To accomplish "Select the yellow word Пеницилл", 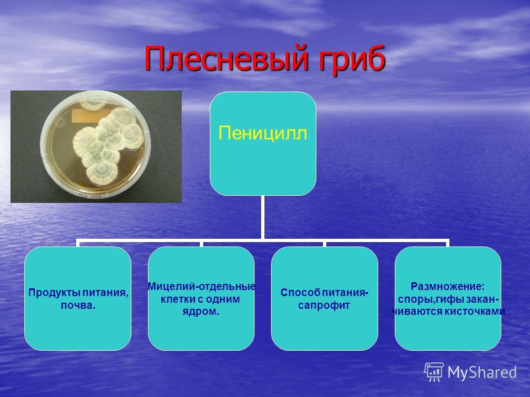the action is [263, 133].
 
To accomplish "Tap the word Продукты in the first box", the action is [55, 292].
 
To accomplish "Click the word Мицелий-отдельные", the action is [202, 286].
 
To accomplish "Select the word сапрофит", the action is [324, 305].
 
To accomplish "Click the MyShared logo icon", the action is [434, 372].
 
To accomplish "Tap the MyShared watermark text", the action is [482, 372].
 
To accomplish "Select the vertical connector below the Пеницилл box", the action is [262, 217].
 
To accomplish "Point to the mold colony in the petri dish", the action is [108, 144].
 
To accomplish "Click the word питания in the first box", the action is [105, 292].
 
